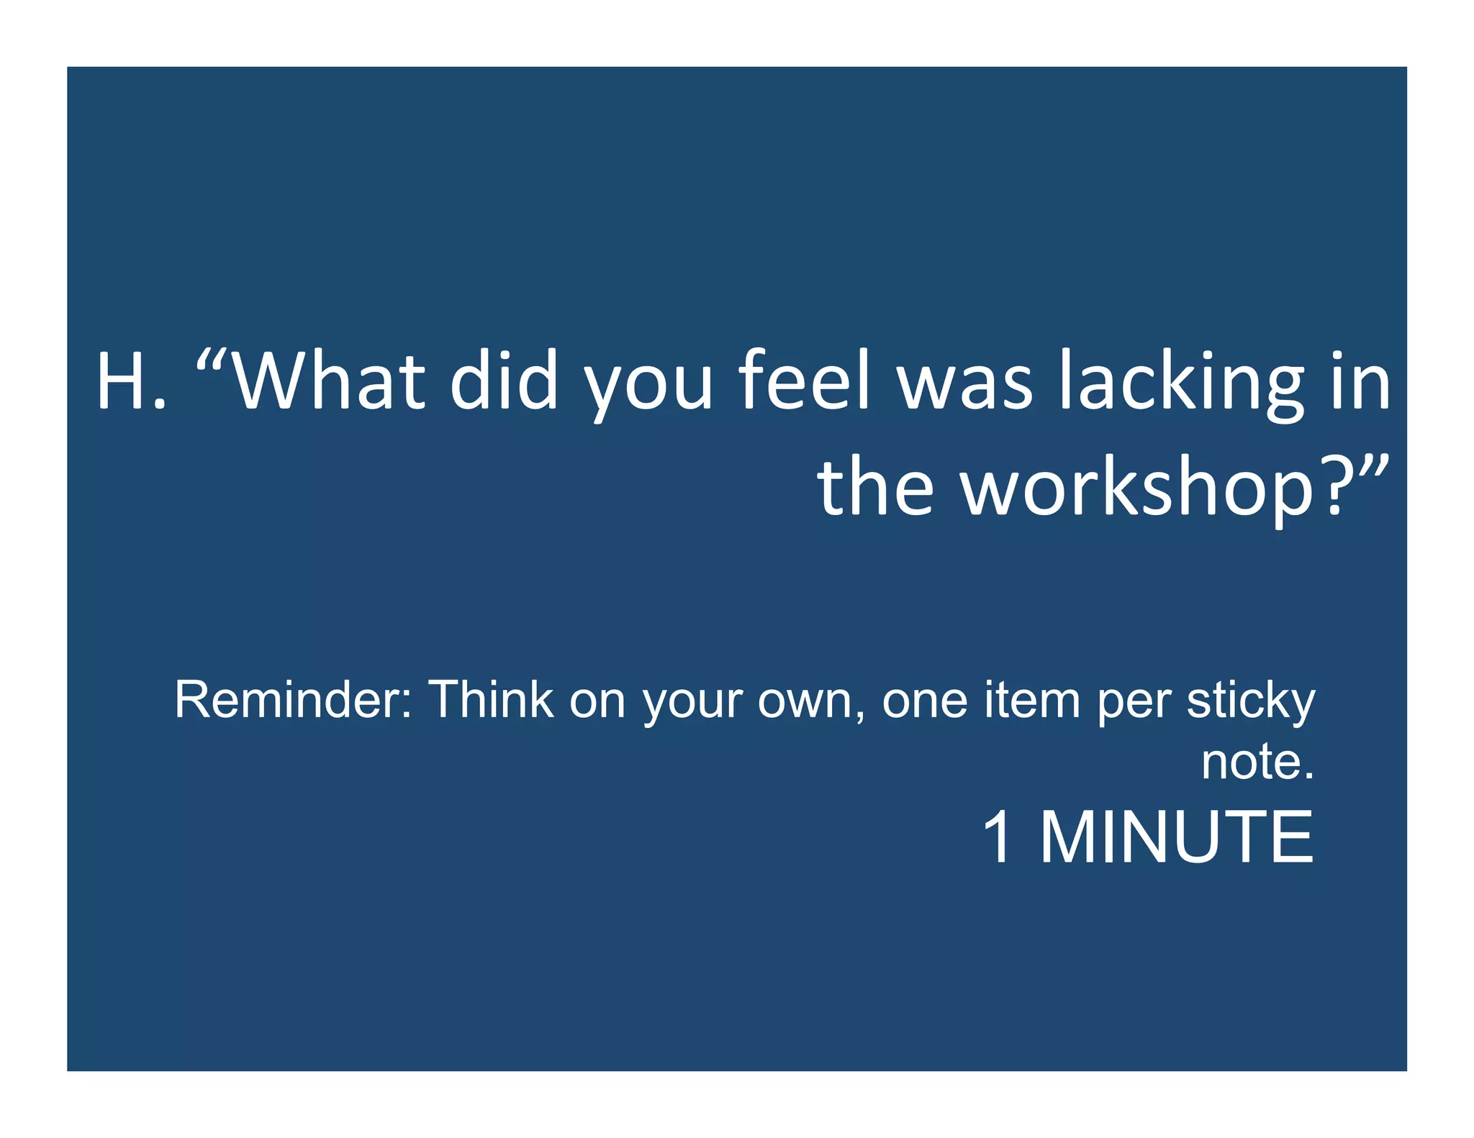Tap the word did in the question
pyautogui.click(x=504, y=382)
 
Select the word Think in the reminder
pyautogui.click(x=491, y=700)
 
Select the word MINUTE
pyautogui.click(x=1177, y=837)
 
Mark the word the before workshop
pyautogui.click(x=875, y=489)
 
